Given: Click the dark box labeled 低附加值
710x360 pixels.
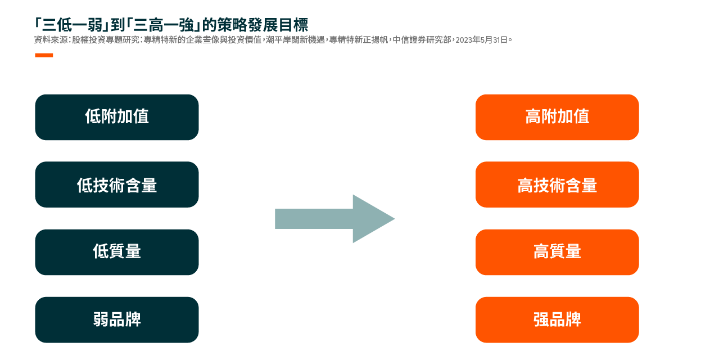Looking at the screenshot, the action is (x=117, y=117).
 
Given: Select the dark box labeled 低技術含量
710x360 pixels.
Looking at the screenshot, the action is (x=117, y=184).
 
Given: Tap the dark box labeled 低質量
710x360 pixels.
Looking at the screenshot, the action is (x=117, y=252).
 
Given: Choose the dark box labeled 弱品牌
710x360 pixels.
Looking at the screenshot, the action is (x=117, y=319).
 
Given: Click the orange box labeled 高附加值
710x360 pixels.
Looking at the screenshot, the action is (x=557, y=117).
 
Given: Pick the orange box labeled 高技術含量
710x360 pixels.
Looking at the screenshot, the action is (x=557, y=184).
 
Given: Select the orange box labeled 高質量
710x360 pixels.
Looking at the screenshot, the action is (x=557, y=252).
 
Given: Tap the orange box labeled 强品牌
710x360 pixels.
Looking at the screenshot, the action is (x=557, y=319).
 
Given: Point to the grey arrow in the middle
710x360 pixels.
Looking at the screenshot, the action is (x=334, y=219).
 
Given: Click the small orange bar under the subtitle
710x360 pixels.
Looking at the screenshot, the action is (x=44, y=55).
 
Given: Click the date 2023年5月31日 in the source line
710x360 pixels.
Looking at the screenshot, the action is (x=481, y=40).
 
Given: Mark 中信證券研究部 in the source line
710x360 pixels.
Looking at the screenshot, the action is (x=422, y=40).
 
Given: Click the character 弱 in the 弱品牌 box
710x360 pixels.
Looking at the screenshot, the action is (x=101, y=319).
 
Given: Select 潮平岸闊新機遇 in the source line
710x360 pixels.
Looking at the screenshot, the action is (x=295, y=40).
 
